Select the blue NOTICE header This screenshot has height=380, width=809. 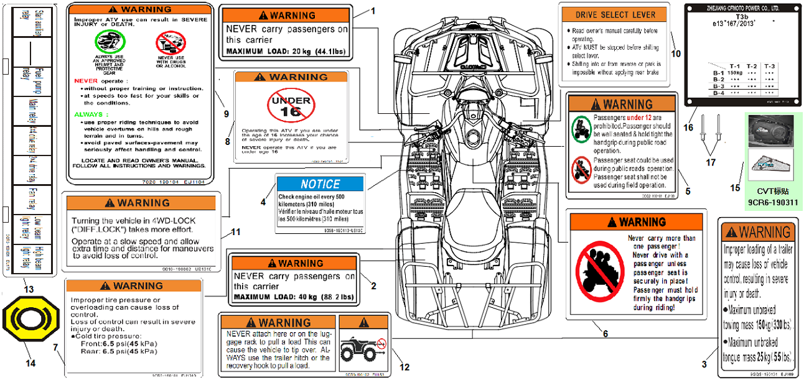(x=320, y=184)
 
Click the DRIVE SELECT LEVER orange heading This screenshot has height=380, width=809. (x=615, y=15)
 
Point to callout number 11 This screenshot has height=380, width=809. (x=235, y=232)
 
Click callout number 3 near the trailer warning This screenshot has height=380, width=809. (x=704, y=364)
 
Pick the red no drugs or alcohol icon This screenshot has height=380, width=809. (x=170, y=43)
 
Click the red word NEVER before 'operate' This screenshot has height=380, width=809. (x=85, y=81)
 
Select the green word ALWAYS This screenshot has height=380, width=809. (x=88, y=114)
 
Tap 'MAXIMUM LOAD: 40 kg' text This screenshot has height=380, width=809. (x=293, y=298)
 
